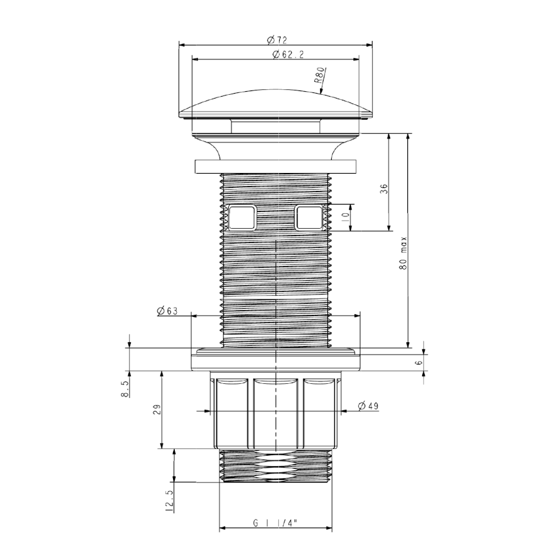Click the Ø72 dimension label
click(277, 40)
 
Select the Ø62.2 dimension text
click(288, 55)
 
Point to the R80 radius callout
click(319, 75)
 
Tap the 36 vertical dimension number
click(384, 188)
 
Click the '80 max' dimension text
click(403, 253)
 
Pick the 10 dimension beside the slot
click(345, 217)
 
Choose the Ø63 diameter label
click(167, 311)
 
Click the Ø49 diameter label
click(368, 405)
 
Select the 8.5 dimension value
click(125, 389)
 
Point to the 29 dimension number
click(157, 409)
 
